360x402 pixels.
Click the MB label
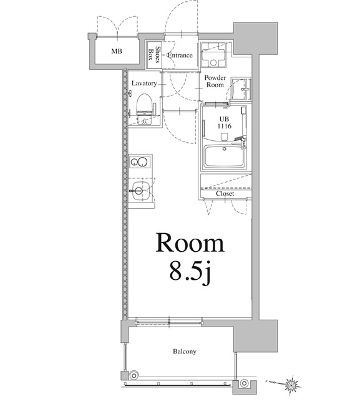point(117,51)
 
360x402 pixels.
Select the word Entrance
point(180,55)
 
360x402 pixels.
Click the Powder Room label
point(215,81)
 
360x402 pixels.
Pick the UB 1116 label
point(224,122)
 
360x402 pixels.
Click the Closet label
point(225,193)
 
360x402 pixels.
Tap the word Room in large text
point(190,242)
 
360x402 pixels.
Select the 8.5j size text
point(188,273)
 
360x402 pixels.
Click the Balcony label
point(184,352)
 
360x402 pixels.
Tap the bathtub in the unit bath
point(226,156)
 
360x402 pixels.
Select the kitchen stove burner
point(141,163)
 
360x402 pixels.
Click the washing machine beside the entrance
point(215,55)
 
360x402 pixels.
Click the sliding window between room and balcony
point(168,322)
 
